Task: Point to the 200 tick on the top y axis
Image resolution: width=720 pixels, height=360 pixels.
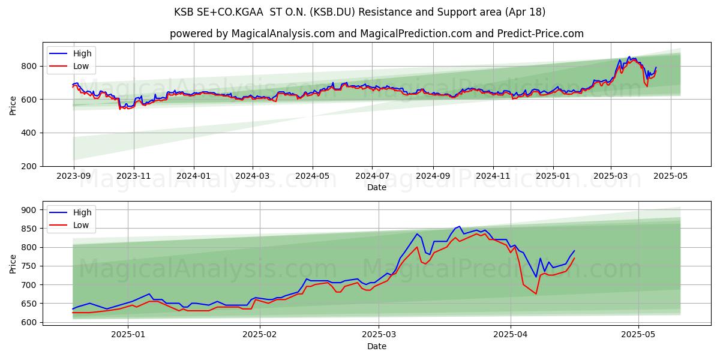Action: tap(31, 166)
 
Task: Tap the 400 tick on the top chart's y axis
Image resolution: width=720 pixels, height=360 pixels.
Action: tap(31, 133)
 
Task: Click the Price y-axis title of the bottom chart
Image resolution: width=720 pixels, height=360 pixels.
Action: tap(13, 264)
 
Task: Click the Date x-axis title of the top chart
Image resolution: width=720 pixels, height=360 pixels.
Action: tap(376, 188)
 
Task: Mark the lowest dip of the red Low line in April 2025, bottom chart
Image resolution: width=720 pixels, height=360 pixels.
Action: tap(536, 293)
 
